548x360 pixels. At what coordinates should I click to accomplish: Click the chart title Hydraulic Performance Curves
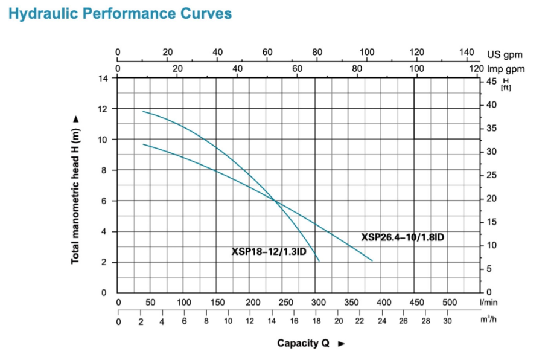click(120, 14)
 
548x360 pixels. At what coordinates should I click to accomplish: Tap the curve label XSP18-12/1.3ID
click(269, 251)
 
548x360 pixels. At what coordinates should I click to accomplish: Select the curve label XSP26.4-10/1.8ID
click(403, 237)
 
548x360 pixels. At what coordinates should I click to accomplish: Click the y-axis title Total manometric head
click(76, 190)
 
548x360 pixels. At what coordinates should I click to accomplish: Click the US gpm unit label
click(505, 55)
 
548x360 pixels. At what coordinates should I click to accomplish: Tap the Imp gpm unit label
click(506, 69)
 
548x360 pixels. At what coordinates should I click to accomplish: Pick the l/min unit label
click(488, 302)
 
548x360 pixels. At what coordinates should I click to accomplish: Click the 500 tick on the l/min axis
click(450, 302)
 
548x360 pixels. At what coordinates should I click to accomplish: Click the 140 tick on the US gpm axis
click(466, 53)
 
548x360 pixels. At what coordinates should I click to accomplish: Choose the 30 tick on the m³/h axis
click(447, 321)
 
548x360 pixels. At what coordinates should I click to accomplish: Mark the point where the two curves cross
click(275, 201)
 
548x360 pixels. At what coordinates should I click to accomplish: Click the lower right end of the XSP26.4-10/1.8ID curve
click(372, 260)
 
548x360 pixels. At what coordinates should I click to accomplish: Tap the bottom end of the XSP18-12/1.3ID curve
click(319, 261)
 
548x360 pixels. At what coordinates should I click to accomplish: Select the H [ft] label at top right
click(505, 84)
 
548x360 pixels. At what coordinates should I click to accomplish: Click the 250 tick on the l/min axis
click(286, 302)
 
